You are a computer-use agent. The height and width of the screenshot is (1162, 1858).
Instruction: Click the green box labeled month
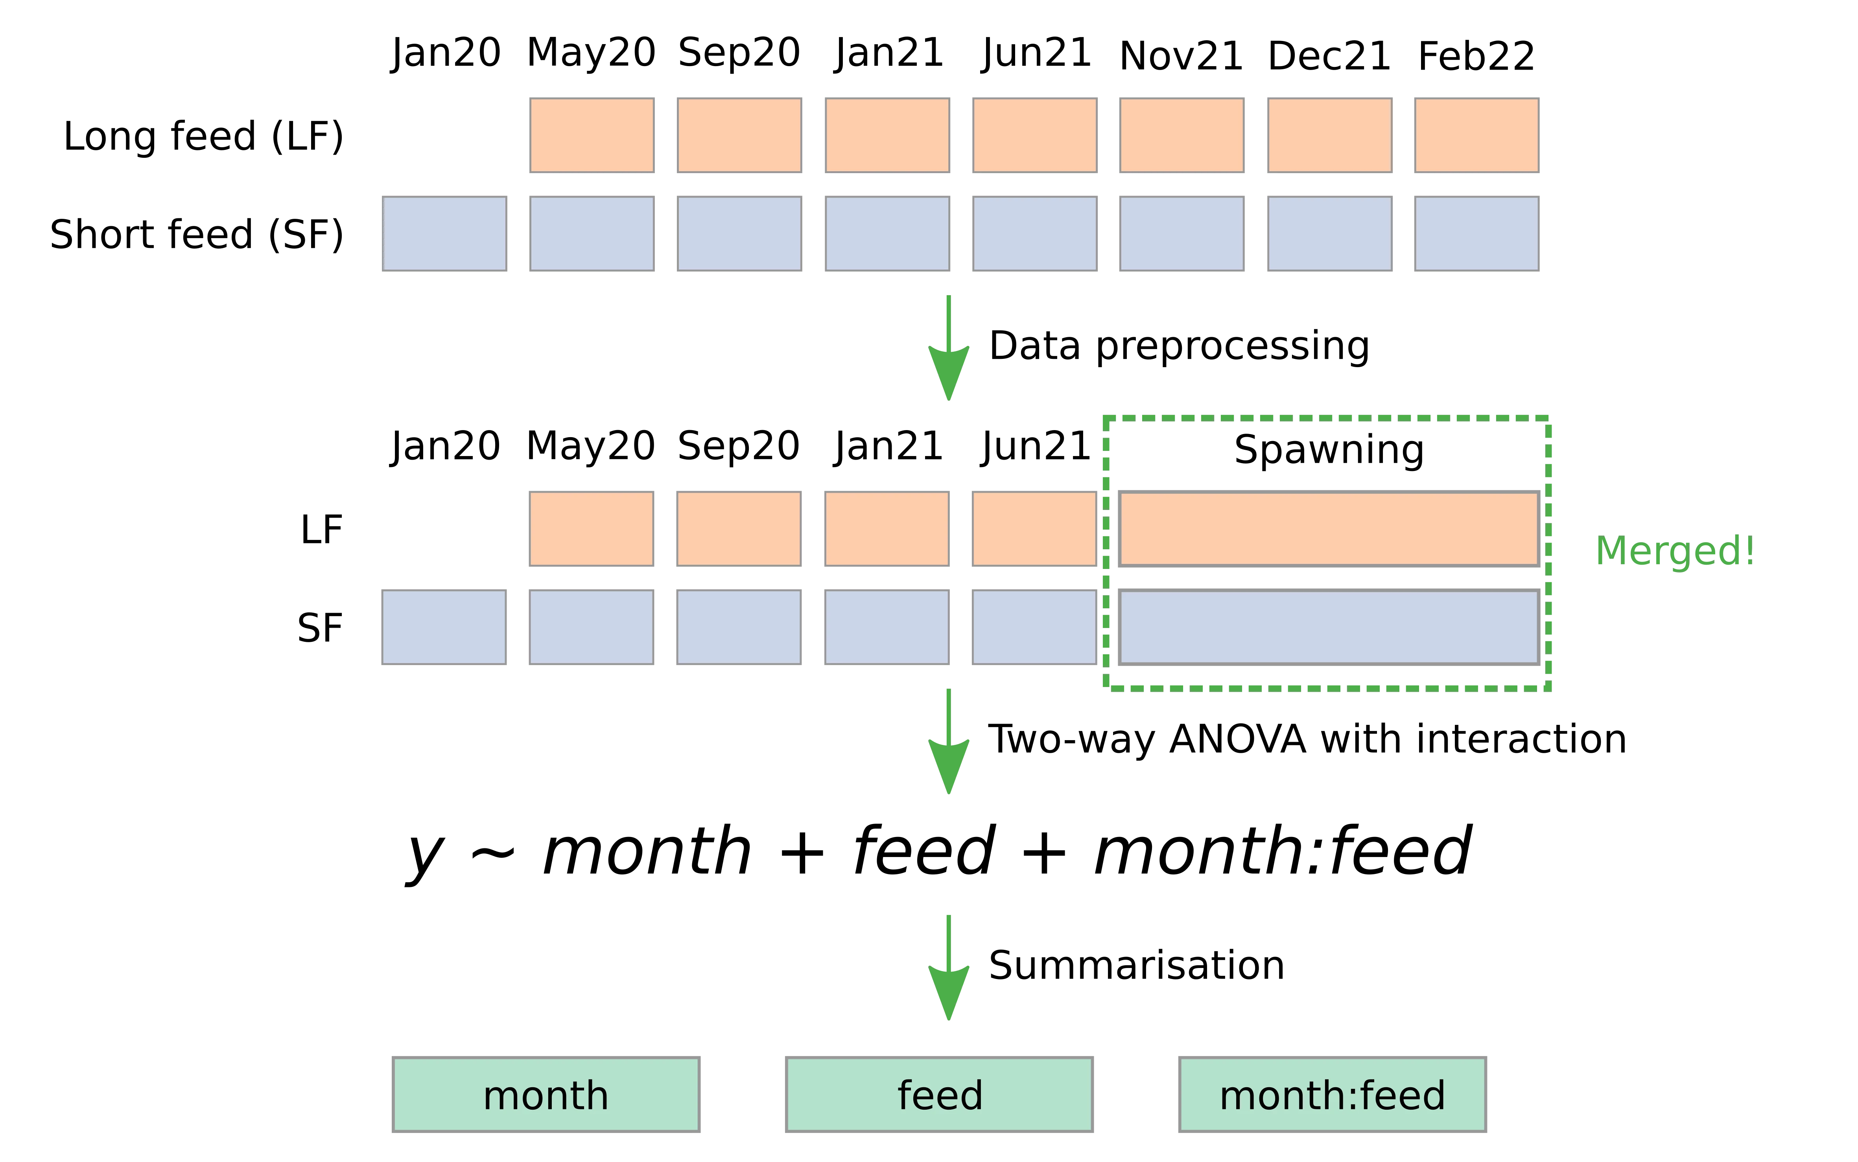pyautogui.click(x=546, y=1094)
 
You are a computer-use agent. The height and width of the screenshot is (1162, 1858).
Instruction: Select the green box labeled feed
pyautogui.click(x=938, y=1094)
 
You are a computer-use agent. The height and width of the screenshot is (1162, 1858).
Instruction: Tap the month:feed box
pyautogui.click(x=1332, y=1094)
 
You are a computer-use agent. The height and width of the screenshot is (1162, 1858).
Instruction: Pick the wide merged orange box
pyautogui.click(x=1329, y=529)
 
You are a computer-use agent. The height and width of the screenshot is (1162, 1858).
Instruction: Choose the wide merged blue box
pyautogui.click(x=1329, y=626)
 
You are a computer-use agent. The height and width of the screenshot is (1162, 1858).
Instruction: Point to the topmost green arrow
pyautogui.click(x=949, y=350)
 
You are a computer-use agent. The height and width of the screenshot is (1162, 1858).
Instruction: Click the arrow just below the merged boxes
pyautogui.click(x=949, y=743)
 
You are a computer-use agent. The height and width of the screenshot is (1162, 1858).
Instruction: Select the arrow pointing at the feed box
pyautogui.click(x=949, y=970)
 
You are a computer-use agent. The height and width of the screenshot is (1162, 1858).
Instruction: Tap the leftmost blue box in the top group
pyautogui.click(x=445, y=234)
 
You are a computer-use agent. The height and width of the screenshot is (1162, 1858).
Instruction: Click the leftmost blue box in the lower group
pyautogui.click(x=445, y=627)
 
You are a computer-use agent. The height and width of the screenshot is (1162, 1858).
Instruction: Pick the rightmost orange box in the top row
pyautogui.click(x=1476, y=135)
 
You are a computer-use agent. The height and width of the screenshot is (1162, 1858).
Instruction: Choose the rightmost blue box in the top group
pyautogui.click(x=1476, y=234)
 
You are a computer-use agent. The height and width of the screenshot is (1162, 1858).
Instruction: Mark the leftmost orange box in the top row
pyautogui.click(x=592, y=135)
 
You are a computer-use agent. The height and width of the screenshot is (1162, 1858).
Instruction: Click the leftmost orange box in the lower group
pyautogui.click(x=592, y=529)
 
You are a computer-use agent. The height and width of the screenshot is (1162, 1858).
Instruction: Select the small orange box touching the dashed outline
pyautogui.click(x=1034, y=529)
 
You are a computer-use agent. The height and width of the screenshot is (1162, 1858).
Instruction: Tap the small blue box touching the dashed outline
pyautogui.click(x=1034, y=627)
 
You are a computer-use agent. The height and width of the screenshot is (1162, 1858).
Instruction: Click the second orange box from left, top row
pyautogui.click(x=739, y=135)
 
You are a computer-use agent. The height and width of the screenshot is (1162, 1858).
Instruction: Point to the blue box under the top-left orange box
pyautogui.click(x=592, y=234)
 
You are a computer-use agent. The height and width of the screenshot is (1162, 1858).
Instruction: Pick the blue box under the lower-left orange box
pyautogui.click(x=592, y=627)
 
